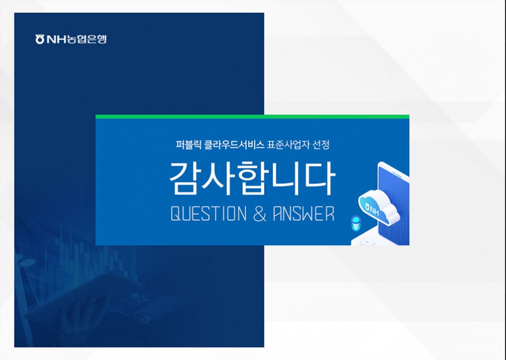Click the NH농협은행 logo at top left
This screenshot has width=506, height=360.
pyautogui.click(x=71, y=39)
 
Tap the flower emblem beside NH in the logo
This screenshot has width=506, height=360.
pyautogui.click(x=40, y=39)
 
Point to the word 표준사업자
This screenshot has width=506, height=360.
pyautogui.click(x=288, y=145)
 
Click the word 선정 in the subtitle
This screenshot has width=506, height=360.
pyautogui.click(x=320, y=145)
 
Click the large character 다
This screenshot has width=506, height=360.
pyautogui.click(x=320, y=178)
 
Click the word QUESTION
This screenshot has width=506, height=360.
pyautogui.click(x=208, y=214)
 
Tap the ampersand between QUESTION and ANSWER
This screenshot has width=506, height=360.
pyautogui.click(x=260, y=214)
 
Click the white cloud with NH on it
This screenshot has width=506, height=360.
pyautogui.click(x=378, y=207)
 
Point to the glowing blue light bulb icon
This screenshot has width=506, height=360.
pyautogui.click(x=356, y=223)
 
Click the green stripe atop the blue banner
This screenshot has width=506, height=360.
pyautogui.click(x=253, y=117)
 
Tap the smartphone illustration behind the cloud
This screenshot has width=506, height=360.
pyautogui.click(x=394, y=203)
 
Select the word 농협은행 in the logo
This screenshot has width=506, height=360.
pyautogui.click(x=86, y=39)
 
